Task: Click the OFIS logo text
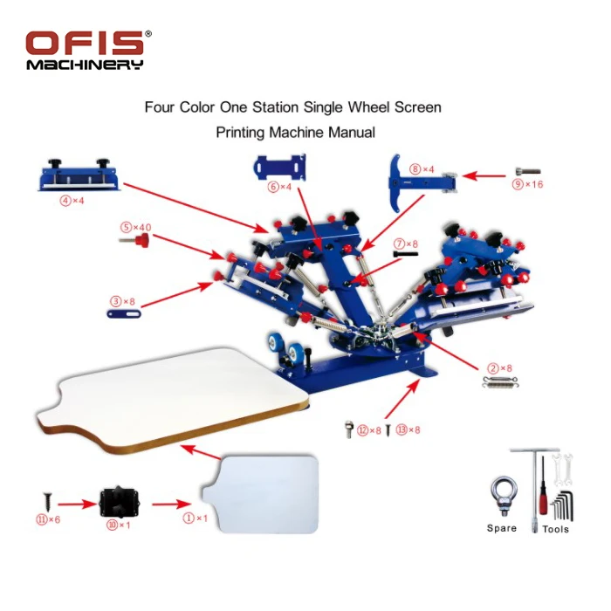pyautogui.click(x=86, y=44)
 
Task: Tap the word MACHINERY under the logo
pyautogui.click(x=84, y=65)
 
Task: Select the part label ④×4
pyautogui.click(x=72, y=200)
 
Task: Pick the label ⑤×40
pyautogui.click(x=135, y=227)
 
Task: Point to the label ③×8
pyautogui.click(x=122, y=301)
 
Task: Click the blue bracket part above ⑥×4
pyautogui.click(x=279, y=166)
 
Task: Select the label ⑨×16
pyautogui.click(x=525, y=184)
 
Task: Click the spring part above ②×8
pyautogui.click(x=495, y=381)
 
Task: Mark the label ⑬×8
pyautogui.click(x=408, y=430)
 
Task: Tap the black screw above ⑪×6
pyautogui.click(x=46, y=502)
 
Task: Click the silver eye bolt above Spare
pyautogui.click(x=502, y=495)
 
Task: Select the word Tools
pyautogui.click(x=555, y=529)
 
